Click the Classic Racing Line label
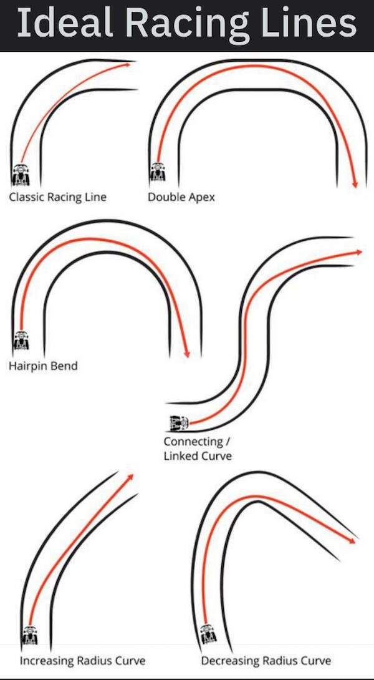(x=57, y=197)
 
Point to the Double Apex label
(x=181, y=197)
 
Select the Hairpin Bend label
(x=43, y=366)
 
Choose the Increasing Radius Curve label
(x=82, y=660)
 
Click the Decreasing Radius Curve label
(x=266, y=660)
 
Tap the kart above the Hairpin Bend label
(x=21, y=341)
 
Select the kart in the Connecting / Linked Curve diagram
(x=180, y=423)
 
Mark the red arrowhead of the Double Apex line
(x=355, y=184)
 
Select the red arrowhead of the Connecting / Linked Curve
(x=359, y=252)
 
